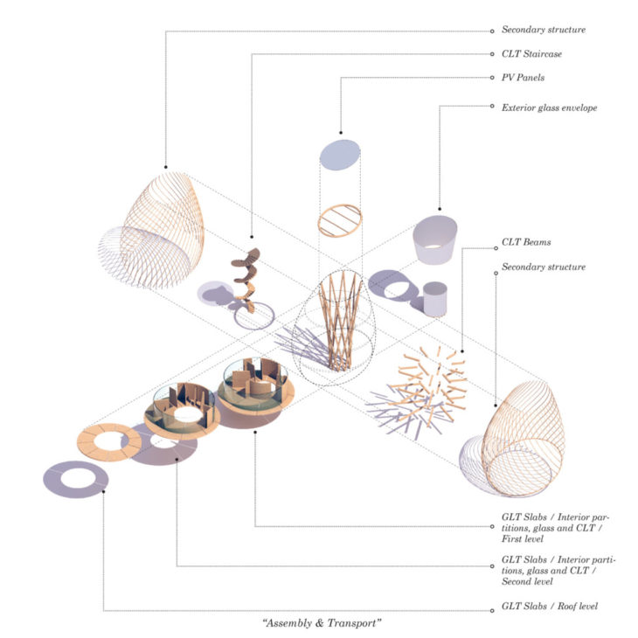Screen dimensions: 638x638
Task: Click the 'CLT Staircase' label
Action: tap(531, 53)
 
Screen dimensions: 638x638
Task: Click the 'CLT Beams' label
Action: tap(525, 241)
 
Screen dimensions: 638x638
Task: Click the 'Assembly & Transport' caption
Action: tap(321, 622)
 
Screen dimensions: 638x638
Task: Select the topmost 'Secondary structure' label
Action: tap(543, 30)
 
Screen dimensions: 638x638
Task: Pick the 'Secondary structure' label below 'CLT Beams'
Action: tap(543, 266)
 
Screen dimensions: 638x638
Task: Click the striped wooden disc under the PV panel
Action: tap(338, 220)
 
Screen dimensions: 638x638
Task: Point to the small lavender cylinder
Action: tap(435, 299)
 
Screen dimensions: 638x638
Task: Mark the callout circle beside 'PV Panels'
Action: tap(492, 78)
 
